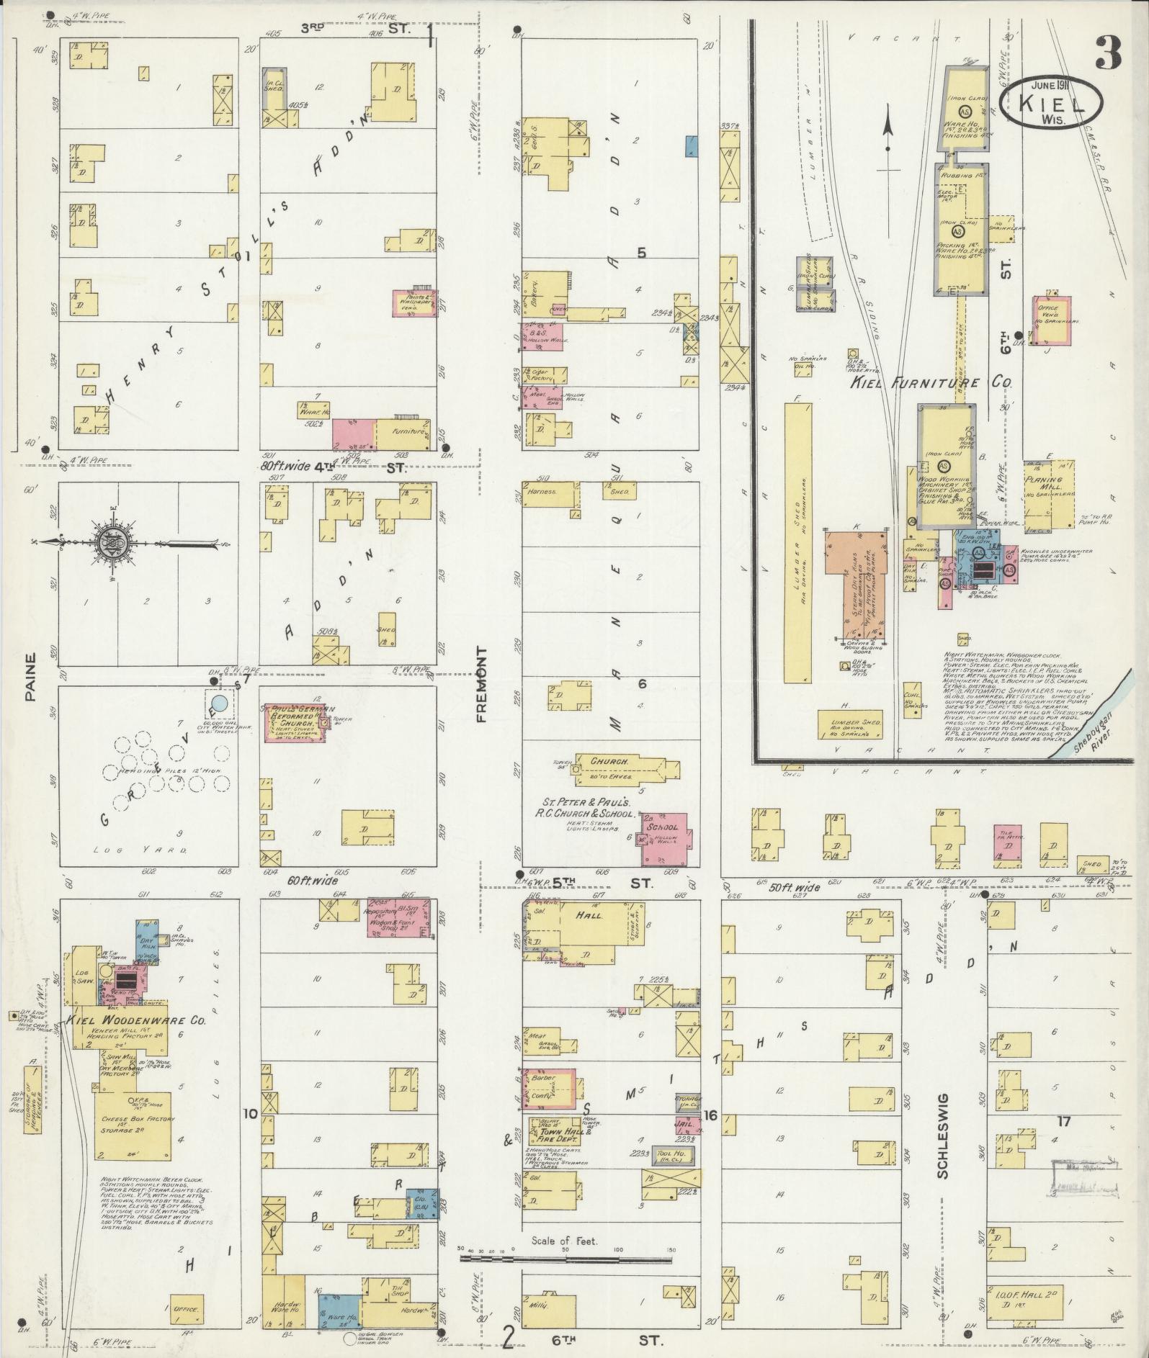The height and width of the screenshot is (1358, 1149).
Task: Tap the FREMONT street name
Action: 481,683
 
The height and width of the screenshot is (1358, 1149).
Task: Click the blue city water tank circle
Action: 220,703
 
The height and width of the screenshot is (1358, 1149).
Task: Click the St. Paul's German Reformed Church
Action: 295,722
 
